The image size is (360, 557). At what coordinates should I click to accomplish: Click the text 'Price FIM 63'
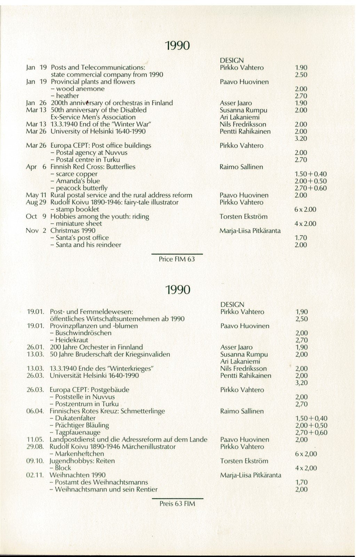[x=177, y=259]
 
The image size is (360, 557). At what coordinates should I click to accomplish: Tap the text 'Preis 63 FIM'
[x=177, y=504]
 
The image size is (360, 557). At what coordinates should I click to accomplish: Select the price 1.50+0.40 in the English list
[x=311, y=174]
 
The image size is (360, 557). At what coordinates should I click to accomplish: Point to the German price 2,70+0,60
[x=311, y=433]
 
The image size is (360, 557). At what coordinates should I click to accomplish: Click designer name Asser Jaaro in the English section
[x=235, y=103]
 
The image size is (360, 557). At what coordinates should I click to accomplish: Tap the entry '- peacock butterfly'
[x=79, y=188]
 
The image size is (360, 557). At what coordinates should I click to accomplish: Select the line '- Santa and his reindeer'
[x=86, y=245]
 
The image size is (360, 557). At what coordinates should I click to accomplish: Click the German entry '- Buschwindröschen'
[x=81, y=333]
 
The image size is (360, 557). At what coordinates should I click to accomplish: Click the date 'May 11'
[x=36, y=195]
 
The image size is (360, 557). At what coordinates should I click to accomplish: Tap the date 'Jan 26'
[x=36, y=103]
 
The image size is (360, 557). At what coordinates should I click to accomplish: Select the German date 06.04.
[x=35, y=411]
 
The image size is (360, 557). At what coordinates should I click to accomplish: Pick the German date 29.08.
[x=35, y=447]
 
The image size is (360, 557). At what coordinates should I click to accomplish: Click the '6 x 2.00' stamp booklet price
[x=305, y=210]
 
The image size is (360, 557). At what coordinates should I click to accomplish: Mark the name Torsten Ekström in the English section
[x=243, y=217]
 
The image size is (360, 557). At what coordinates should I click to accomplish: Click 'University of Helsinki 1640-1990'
[x=98, y=132]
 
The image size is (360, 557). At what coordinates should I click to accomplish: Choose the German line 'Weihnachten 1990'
[x=78, y=475]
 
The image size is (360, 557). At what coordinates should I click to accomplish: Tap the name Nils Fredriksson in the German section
[x=243, y=369]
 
